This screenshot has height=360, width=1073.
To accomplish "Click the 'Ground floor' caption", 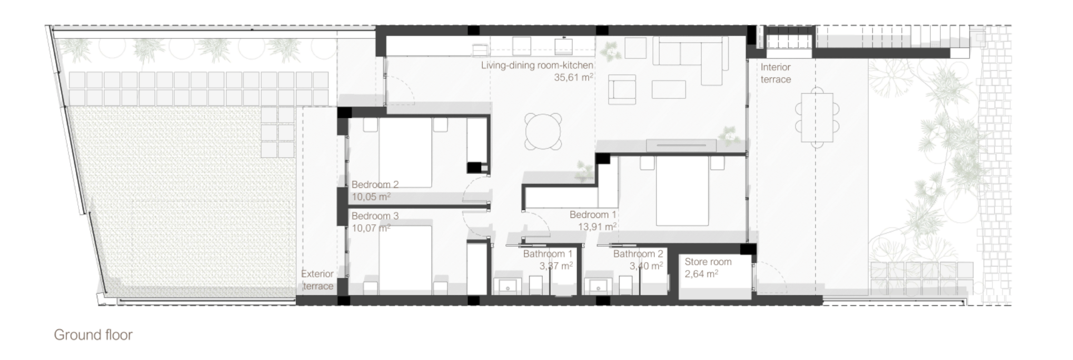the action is click(x=93, y=335).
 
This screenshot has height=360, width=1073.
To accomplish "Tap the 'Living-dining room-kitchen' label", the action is click(x=537, y=66).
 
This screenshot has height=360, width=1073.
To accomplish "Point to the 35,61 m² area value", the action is click(x=573, y=77).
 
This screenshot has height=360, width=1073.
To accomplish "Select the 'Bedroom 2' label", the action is click(x=375, y=185).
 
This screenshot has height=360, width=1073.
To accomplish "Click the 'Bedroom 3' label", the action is click(x=375, y=216).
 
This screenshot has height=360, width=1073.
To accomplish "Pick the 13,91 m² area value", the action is click(x=597, y=227).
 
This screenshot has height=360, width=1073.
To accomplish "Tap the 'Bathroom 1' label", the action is click(x=548, y=254).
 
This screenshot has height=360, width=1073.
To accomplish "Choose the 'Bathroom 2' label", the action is click(x=638, y=254).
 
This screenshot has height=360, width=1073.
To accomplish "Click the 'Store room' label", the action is click(x=708, y=262).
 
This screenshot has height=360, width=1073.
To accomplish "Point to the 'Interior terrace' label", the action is click(x=776, y=73).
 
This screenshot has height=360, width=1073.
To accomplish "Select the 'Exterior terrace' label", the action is click(x=317, y=280).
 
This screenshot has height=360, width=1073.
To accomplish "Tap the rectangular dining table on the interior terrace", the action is click(x=817, y=118).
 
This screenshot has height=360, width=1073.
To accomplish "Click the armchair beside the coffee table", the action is click(x=622, y=89).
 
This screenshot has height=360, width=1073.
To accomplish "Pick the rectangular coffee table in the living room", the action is click(x=669, y=89).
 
